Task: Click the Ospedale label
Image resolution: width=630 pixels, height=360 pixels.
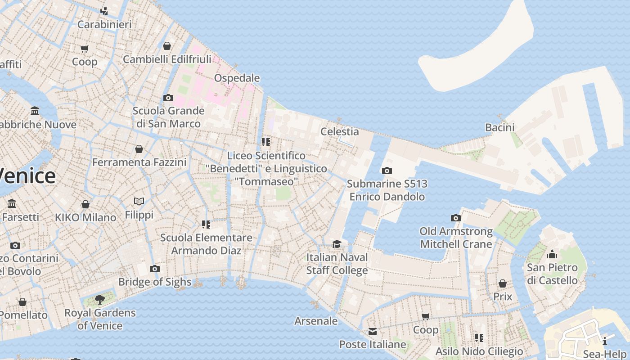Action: (237, 78)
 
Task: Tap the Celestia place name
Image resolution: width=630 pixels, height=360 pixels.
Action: (339, 131)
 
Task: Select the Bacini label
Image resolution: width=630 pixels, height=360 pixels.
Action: (499, 127)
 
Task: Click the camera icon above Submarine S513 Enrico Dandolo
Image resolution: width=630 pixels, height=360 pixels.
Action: (387, 171)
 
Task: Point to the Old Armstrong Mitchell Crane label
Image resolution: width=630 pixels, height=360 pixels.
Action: (456, 238)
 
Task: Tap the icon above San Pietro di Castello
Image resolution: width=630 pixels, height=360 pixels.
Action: (552, 254)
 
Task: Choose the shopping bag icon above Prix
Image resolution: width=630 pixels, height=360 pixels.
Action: (502, 283)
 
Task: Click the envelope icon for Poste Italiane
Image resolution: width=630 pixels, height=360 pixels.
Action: (373, 332)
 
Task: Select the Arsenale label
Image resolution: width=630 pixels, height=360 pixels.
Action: (316, 321)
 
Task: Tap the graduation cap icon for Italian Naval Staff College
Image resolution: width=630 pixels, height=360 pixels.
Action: (337, 244)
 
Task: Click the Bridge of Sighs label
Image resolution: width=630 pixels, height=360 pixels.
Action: (154, 282)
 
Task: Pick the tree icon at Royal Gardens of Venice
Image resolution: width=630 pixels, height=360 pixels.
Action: (100, 299)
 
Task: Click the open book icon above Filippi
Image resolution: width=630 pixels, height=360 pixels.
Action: (139, 201)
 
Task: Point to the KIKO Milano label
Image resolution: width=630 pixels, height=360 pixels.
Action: (85, 217)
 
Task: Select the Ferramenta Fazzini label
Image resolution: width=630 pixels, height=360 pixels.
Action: (139, 162)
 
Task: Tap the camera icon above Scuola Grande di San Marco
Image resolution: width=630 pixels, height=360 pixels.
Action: (168, 98)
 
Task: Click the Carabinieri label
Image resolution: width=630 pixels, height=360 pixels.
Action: (104, 24)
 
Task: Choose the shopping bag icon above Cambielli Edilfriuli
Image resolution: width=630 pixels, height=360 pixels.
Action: (166, 46)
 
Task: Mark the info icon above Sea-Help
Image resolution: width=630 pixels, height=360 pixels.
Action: (605, 341)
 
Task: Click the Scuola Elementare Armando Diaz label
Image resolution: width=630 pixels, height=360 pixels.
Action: (206, 244)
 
